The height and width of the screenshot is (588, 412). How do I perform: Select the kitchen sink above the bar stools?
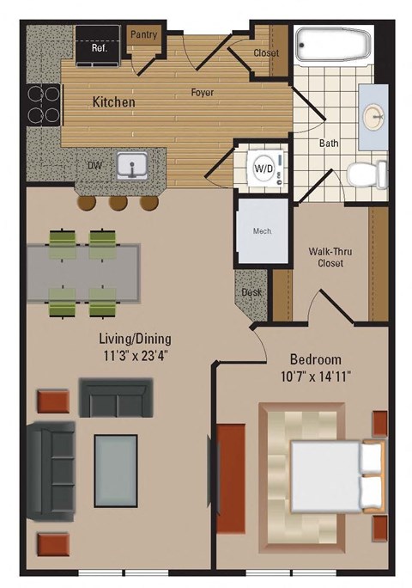coord(132,163)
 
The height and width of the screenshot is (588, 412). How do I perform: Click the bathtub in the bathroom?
coord(333,45)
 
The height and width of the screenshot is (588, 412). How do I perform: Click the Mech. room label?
coord(262,230)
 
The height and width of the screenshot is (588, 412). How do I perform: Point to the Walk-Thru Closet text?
coord(330,258)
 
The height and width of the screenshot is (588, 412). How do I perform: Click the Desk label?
coord(251,292)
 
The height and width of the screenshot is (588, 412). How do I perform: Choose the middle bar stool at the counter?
coord(118,202)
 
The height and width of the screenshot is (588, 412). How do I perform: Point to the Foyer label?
coord(203,92)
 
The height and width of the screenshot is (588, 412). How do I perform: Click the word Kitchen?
coord(114,101)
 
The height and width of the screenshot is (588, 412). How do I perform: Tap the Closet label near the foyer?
coord(267,53)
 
